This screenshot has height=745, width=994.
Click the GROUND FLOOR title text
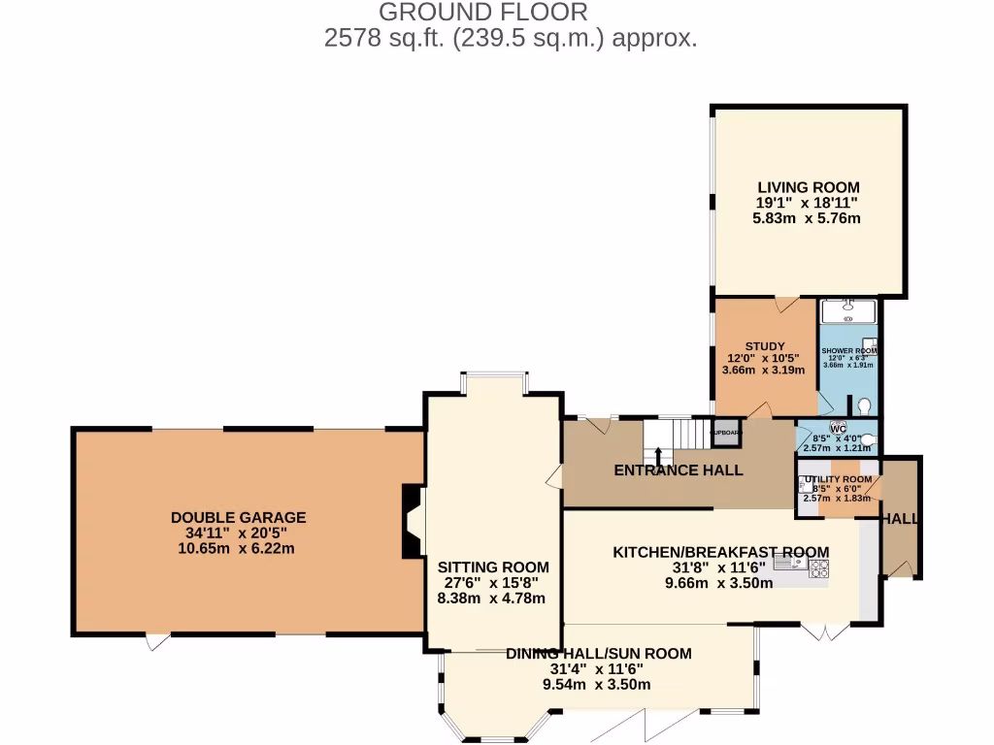[x=482, y=13]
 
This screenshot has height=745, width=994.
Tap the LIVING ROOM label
[x=808, y=187]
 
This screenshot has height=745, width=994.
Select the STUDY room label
[x=765, y=346]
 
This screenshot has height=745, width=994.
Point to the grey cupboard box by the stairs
[x=725, y=433]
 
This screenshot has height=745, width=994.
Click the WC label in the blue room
[x=838, y=428]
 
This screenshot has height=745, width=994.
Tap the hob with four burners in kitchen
[x=818, y=568]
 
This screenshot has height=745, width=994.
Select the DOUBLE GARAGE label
[x=238, y=518]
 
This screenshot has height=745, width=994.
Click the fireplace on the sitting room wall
[x=412, y=521]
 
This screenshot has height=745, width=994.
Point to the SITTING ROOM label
[x=492, y=567]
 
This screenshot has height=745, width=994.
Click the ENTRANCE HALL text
[x=679, y=470]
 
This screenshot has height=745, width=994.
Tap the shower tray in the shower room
[x=848, y=310]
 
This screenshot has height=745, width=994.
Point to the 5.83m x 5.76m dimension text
[x=808, y=219]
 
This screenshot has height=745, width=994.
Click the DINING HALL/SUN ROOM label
[x=598, y=654]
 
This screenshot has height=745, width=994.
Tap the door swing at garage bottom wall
[x=156, y=642]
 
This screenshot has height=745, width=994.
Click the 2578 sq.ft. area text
[x=511, y=39]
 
